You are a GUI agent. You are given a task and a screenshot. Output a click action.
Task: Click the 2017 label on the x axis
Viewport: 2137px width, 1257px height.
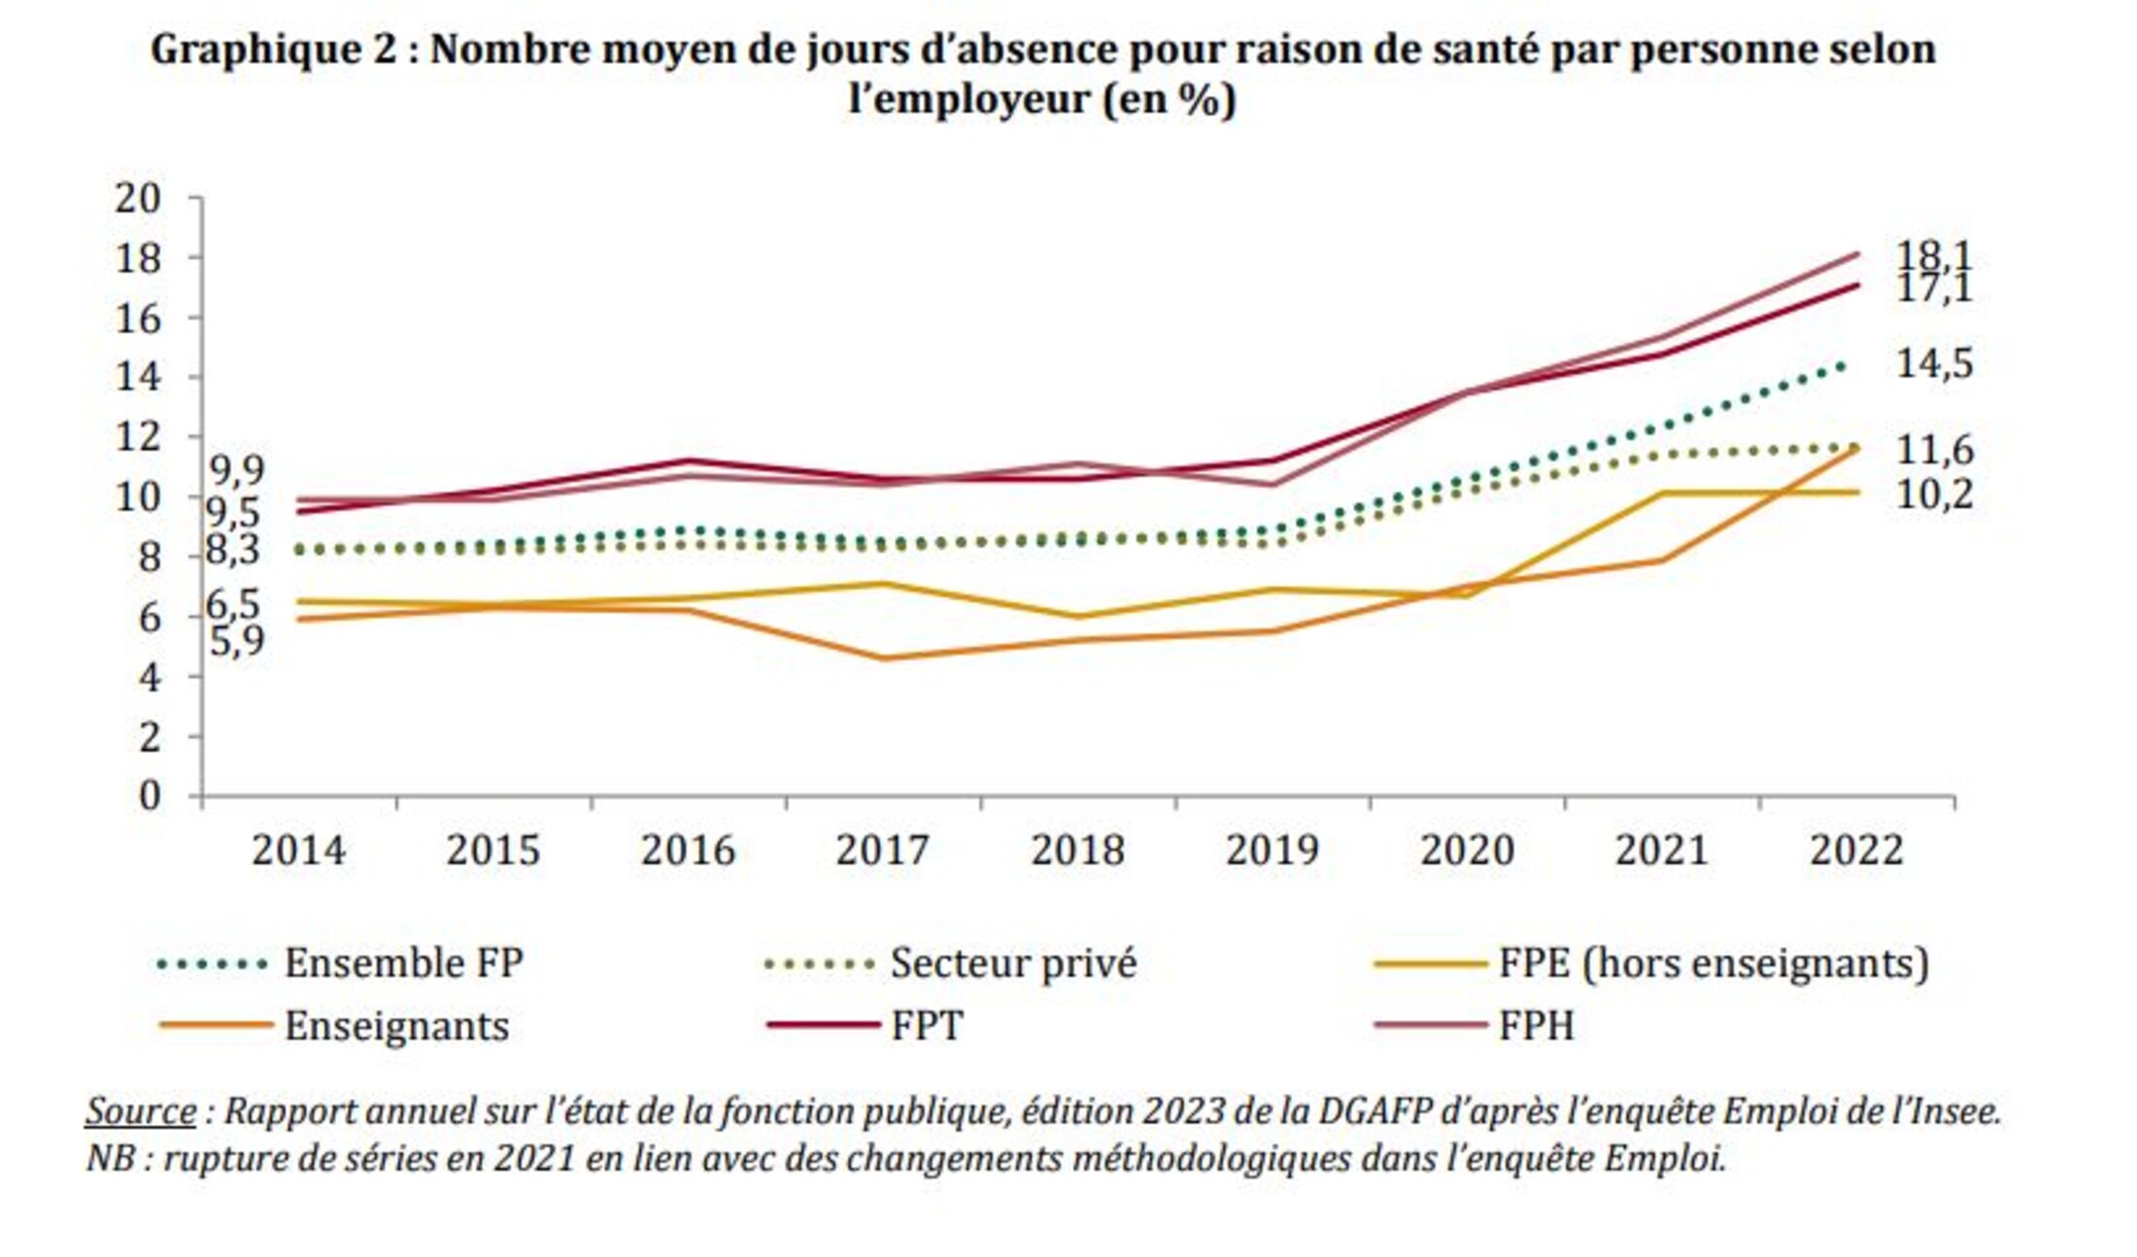click(882, 851)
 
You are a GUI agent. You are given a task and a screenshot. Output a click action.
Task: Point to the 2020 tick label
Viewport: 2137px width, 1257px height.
click(1467, 851)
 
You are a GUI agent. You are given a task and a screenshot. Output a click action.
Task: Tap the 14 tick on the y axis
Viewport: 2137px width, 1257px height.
click(137, 377)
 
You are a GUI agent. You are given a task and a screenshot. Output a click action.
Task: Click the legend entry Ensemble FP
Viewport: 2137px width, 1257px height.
click(403, 964)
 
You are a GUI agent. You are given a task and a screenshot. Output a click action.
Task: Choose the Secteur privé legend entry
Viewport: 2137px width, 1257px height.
click(1012, 964)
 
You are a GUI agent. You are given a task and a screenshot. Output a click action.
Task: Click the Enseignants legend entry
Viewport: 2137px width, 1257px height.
click(396, 1026)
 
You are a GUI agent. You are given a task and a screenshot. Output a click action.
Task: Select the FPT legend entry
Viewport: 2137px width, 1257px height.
click(927, 1026)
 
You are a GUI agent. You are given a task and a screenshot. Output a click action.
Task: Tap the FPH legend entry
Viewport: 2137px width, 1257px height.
click(1536, 1026)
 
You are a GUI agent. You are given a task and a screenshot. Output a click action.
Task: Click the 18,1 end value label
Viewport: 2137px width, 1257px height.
click(1934, 256)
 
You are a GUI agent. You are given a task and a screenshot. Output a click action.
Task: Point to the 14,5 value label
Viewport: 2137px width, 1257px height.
click(1934, 364)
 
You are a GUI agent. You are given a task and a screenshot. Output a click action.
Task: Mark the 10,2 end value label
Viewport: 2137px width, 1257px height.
click(1934, 495)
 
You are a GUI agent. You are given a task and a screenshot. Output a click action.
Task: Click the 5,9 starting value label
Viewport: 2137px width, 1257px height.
click(236, 641)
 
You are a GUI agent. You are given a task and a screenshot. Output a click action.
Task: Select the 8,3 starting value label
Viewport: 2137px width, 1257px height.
click(233, 551)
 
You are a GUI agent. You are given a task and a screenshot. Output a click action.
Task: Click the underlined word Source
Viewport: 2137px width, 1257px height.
click(141, 1111)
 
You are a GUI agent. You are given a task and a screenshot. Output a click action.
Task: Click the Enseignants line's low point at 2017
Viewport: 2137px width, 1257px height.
click(884, 659)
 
